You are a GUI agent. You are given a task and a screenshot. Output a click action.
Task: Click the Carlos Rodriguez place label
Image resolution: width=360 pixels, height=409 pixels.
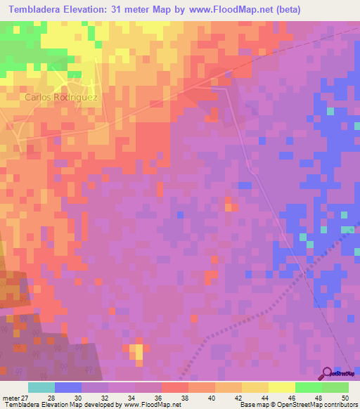61,97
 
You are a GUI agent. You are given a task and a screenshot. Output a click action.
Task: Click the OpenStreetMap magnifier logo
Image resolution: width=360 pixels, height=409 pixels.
327,373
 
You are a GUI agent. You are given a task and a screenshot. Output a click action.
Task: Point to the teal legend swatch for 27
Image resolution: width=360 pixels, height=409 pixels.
41,387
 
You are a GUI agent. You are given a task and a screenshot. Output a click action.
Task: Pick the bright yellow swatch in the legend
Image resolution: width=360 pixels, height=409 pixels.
282,387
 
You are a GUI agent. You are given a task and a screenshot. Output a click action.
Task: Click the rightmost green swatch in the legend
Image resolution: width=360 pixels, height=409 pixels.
335,387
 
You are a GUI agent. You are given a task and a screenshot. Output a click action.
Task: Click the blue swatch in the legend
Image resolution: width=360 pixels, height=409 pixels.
68,387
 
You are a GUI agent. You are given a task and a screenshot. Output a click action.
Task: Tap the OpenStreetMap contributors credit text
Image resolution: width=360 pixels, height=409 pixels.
310,405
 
